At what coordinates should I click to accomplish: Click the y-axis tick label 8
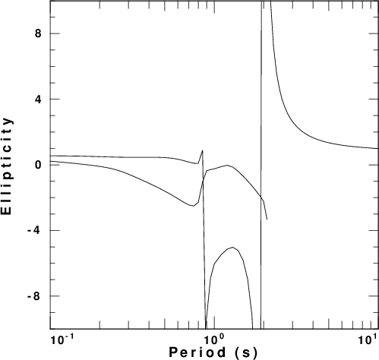pos(38,33)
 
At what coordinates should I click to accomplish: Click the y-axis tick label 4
pos(38,99)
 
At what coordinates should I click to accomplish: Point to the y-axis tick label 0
pos(38,165)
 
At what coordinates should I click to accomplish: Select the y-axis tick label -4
pos(35,230)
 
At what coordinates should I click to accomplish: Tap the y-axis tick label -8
pos(35,296)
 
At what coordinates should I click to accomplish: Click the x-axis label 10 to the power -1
pos(62,339)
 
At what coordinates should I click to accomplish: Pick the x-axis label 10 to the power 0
pos(215,339)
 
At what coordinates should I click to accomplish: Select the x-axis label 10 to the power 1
pos(366,339)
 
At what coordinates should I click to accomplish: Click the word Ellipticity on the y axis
pos(7,166)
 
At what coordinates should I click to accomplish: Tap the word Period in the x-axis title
pos(197,352)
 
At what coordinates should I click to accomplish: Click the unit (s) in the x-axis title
pos(246,352)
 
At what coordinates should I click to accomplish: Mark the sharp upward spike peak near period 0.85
pos(203,150)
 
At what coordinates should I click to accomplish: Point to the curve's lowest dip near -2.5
pos(193,206)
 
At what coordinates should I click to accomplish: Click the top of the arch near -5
pos(232,247)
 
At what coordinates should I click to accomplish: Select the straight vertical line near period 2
pos(261,165)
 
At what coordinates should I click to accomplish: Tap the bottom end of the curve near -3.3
pos(267,219)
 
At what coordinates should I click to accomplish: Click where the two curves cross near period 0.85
pos(203,181)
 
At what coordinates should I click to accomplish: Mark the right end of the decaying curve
pos(378,149)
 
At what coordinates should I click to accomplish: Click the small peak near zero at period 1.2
pos(227,166)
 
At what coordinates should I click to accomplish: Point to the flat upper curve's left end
pos(51,156)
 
